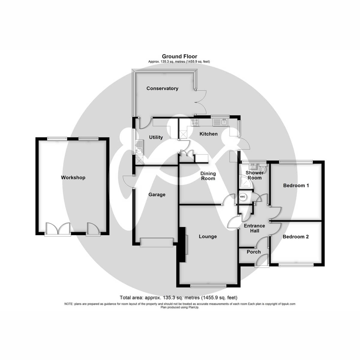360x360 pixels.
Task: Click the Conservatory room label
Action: tap(162, 88)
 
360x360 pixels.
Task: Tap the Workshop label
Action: tap(73, 178)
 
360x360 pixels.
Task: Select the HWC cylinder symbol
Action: tap(242, 197)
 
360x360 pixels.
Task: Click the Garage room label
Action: tap(157, 195)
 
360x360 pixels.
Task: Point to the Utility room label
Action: tap(156, 137)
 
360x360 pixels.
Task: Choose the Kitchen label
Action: tap(208, 134)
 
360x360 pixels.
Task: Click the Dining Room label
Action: tap(208, 176)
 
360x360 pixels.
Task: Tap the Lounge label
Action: tap(208, 236)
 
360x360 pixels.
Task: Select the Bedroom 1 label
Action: tap(296, 185)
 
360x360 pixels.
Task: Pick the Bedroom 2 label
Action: tap(295, 237)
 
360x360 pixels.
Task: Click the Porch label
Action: tap(253, 252)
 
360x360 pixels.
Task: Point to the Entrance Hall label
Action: tap(254, 228)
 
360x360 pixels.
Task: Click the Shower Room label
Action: tap(254, 175)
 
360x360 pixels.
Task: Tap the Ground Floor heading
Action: tap(179, 56)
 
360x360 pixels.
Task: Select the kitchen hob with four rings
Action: tap(195, 122)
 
